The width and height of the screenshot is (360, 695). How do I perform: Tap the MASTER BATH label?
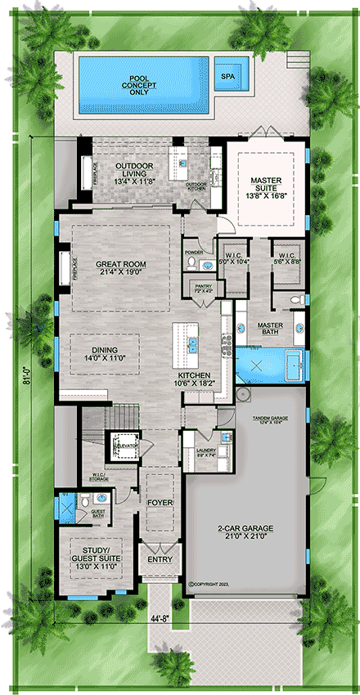[x=271, y=329]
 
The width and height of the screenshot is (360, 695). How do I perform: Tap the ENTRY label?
[x=160, y=561]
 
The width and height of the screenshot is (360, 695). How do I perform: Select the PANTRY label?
[x=203, y=288]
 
